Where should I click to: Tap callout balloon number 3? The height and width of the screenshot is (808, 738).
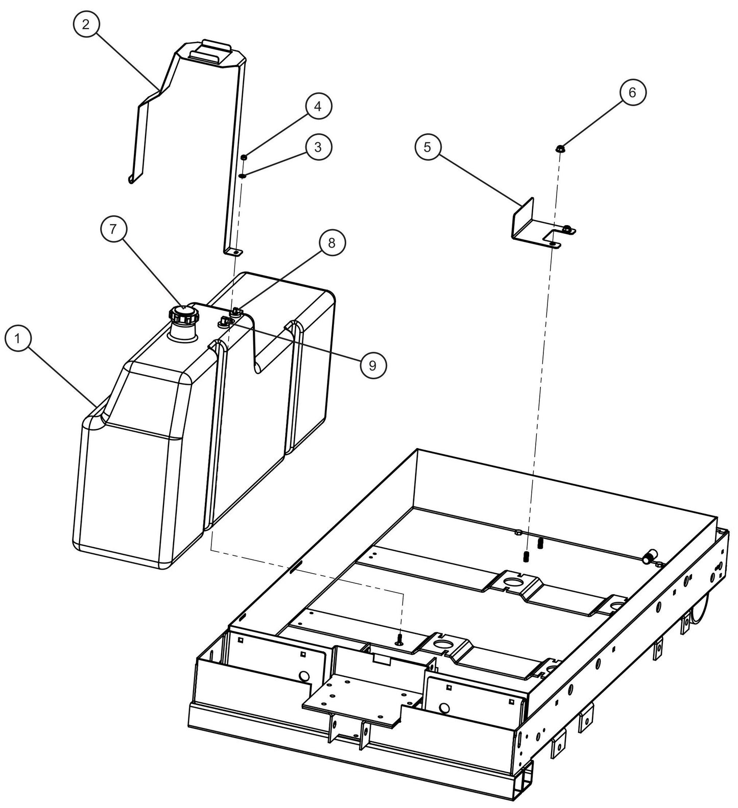coord(318,147)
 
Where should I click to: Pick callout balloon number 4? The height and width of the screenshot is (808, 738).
coord(318,107)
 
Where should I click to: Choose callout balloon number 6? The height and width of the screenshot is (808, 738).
coord(632,92)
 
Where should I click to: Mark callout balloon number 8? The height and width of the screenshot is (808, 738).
coord(332,243)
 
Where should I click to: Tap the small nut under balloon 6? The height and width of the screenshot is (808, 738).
coord(560,149)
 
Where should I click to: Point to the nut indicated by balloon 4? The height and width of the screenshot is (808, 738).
coord(245,157)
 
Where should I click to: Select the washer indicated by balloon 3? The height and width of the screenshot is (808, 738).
coord(244,176)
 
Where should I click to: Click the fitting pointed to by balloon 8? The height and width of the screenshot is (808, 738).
coord(235,311)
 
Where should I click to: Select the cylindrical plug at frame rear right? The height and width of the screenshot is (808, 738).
coord(650,557)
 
